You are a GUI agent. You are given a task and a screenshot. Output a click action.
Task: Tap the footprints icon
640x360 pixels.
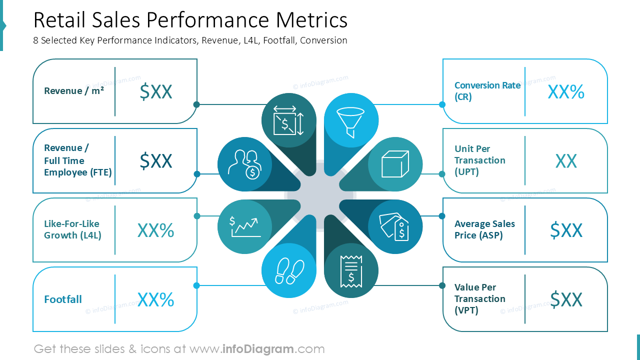click(289, 271)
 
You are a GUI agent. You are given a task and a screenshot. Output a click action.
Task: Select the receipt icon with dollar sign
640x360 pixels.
click(351, 271)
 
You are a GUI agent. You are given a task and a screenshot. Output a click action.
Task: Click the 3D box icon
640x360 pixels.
click(395, 163)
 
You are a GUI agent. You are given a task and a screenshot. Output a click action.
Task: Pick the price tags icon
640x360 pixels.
click(394, 226)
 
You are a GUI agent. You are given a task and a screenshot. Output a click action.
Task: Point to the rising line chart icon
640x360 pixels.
click(245, 226)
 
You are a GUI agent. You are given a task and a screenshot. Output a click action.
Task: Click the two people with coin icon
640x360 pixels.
click(244, 164)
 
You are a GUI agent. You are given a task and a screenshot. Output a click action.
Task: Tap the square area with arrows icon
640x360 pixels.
click(288, 120)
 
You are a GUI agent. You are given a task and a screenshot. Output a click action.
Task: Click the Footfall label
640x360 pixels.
click(63, 299)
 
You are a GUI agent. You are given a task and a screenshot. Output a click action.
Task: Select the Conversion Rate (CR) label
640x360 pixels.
click(487, 91)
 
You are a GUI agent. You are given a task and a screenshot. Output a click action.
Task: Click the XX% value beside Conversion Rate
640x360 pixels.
click(566, 92)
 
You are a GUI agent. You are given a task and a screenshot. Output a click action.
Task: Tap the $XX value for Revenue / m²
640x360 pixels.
click(156, 91)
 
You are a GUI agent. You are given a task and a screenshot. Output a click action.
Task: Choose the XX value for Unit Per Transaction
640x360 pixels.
click(566, 161)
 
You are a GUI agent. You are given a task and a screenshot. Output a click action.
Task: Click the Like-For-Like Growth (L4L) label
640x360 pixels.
click(72, 229)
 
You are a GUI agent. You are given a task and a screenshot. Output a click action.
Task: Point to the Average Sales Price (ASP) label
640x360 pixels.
click(484, 229)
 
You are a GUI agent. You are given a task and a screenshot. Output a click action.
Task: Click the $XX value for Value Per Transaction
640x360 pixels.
click(566, 299)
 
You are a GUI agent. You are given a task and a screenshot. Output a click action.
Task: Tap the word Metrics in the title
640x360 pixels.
click(311, 20)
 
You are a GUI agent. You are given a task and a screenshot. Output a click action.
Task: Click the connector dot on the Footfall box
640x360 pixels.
click(196, 285)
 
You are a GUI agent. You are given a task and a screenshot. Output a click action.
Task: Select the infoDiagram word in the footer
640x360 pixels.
click(257, 349)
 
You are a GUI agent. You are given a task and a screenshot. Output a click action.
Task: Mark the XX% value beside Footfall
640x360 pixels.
click(156, 299)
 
